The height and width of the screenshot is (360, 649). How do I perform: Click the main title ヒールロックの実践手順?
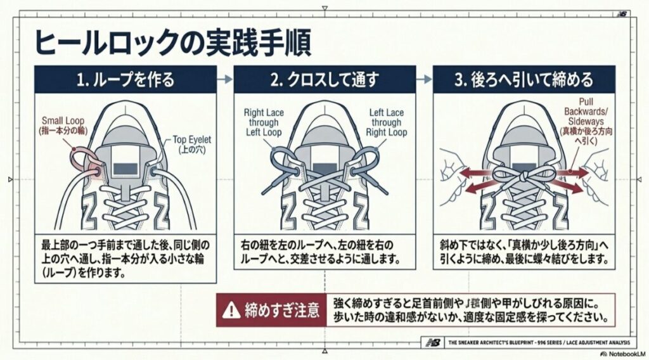point(172,43)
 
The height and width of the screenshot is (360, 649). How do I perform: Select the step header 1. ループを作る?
point(125,80)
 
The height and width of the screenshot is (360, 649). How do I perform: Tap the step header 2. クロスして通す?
point(324,80)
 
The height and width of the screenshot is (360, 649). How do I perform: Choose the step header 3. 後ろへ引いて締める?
point(524,80)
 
